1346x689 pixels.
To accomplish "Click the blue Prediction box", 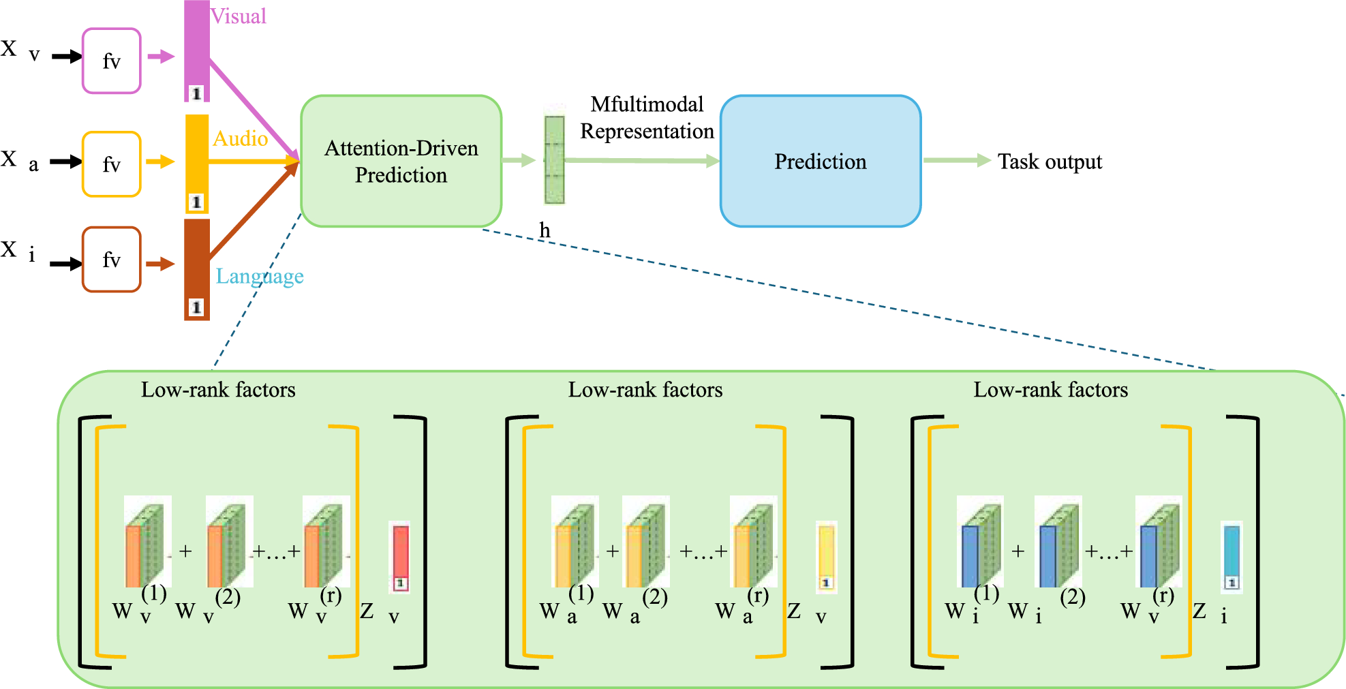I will [x=820, y=161].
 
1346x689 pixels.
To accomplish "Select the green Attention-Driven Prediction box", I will [x=401, y=161].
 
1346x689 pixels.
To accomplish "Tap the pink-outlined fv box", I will [x=111, y=61].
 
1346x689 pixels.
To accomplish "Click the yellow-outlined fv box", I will [x=111, y=164].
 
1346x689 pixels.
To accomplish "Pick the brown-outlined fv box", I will [x=111, y=260].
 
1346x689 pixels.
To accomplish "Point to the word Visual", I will [x=238, y=16].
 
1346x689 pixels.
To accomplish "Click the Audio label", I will [x=240, y=138].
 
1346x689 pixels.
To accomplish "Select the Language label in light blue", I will [x=260, y=276].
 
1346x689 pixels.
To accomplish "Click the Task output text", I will [x=1050, y=162].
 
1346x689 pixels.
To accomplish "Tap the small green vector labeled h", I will [x=554, y=160].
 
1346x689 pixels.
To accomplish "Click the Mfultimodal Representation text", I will [x=646, y=117].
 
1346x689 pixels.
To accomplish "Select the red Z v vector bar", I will [x=400, y=555].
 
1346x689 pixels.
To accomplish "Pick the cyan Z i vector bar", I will [x=1231, y=555].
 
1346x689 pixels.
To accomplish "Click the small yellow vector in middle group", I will [x=826, y=555].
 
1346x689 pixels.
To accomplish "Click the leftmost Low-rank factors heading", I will [x=218, y=389].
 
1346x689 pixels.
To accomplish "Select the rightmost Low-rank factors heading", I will [x=1050, y=389].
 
